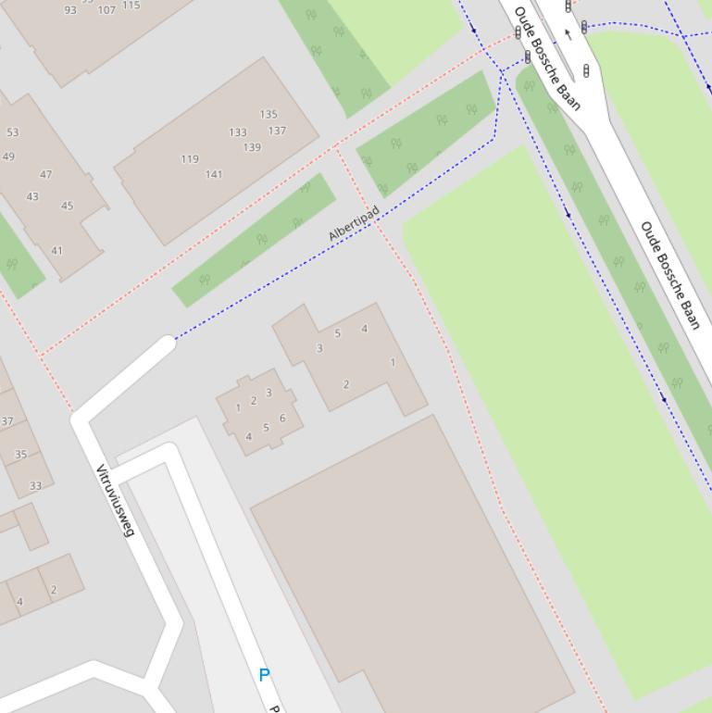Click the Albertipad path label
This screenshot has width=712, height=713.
click(354, 224)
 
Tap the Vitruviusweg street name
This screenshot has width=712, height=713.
click(116, 500)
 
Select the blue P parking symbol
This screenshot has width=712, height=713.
click(264, 675)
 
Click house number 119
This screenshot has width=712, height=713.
click(190, 158)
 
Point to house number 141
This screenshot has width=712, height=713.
click(214, 174)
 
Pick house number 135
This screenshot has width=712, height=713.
click(269, 115)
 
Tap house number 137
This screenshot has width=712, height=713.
click(277, 131)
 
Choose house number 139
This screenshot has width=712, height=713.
click(252, 147)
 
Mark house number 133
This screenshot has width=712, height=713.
click(238, 132)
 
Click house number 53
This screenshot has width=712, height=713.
click(12, 132)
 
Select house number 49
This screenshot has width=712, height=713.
click(8, 156)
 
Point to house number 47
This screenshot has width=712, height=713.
click(46, 174)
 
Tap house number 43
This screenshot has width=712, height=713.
click(32, 196)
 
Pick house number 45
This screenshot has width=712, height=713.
click(67, 206)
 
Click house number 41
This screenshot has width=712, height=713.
click(57, 251)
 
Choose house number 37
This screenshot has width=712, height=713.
click(7, 421)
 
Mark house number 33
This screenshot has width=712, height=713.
click(35, 485)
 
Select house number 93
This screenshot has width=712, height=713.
click(71, 10)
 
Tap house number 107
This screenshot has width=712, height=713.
click(106, 10)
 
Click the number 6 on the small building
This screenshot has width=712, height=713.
click(282, 418)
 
